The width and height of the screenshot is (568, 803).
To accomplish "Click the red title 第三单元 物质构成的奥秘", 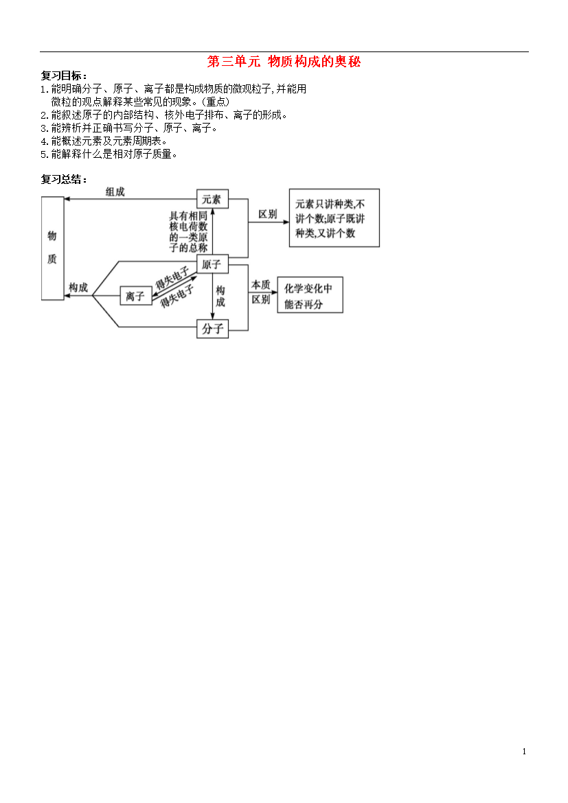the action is click(284, 62).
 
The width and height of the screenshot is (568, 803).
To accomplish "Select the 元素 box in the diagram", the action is click(212, 199).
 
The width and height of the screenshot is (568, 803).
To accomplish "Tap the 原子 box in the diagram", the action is click(212, 264).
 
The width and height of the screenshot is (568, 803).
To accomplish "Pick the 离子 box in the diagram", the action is click(136, 296).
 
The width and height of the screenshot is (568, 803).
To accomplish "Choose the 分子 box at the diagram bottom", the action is click(212, 328).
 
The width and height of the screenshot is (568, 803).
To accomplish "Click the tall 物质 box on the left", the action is click(52, 248).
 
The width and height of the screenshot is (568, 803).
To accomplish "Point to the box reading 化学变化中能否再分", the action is click(310, 295).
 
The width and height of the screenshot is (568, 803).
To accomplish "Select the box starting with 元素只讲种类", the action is click(334, 218).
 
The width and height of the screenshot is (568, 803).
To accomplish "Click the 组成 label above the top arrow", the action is click(115, 192).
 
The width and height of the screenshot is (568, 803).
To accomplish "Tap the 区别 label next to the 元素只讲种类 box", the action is click(268, 214).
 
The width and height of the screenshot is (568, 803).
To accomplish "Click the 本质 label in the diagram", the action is click(260, 285).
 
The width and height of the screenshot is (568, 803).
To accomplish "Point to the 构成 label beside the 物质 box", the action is click(78, 288).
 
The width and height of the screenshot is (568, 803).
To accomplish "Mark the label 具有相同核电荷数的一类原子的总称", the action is click(188, 232).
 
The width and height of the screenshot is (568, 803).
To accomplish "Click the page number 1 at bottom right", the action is click(524, 752).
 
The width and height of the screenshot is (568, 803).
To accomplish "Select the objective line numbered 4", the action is click(104, 141).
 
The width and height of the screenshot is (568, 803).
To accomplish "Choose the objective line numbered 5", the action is click(109, 154).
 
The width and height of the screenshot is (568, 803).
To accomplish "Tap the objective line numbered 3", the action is click(129, 128).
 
